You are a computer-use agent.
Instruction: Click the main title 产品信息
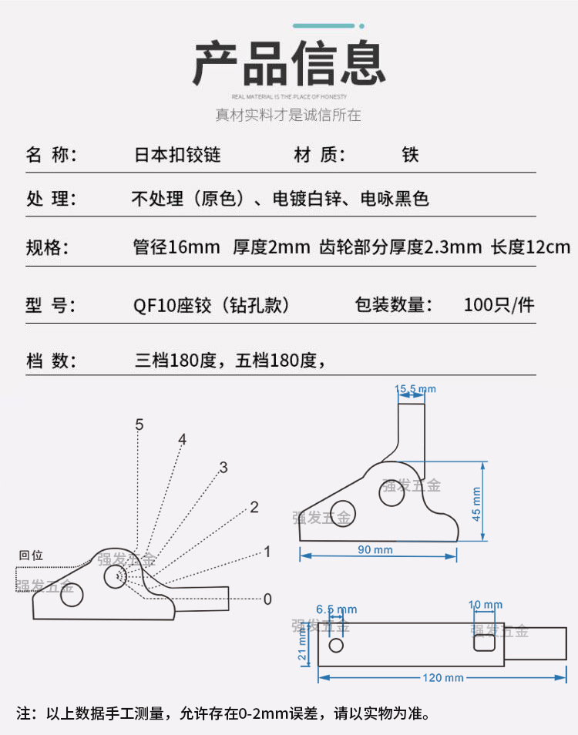tap(289, 63)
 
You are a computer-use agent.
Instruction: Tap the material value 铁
tap(409, 154)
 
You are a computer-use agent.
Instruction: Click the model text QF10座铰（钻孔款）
tap(211, 304)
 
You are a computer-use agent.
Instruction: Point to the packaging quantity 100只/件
tap(499, 304)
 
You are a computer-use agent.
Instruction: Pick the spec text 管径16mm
tap(176, 247)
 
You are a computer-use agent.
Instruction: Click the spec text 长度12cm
tap(530, 247)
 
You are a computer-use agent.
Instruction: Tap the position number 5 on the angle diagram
tap(139, 425)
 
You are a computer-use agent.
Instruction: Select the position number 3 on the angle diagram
tap(223, 467)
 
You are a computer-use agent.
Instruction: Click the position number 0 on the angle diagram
tap(267, 599)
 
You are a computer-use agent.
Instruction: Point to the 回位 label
tap(32, 555)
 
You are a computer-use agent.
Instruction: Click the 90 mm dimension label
tap(375, 549)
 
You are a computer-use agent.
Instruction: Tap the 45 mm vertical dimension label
tap(476, 503)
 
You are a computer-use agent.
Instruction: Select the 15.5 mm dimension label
tap(415, 389)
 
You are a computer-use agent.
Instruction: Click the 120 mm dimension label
tap(443, 677)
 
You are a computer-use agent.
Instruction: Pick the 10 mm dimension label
tap(486, 606)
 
